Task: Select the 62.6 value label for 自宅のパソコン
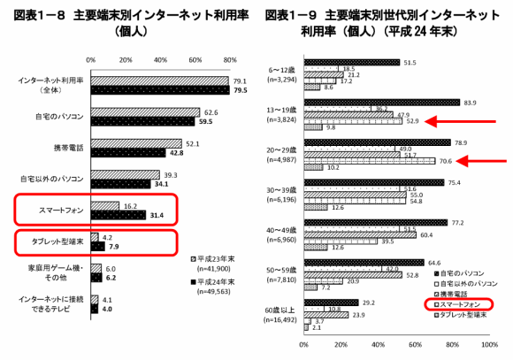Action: (x=210, y=112)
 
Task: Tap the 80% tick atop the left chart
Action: (x=231, y=59)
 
